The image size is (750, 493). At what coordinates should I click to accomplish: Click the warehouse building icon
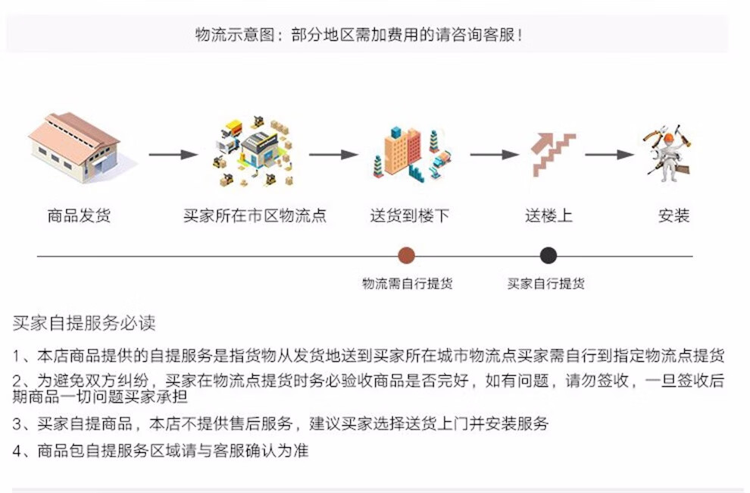coord(74,148)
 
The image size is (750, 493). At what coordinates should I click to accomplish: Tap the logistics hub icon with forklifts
coord(254,151)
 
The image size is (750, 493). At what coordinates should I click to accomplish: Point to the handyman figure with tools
coord(667,153)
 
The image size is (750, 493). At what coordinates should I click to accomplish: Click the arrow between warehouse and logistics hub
coord(173,154)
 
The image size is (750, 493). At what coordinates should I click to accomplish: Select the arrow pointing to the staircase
coord(495,154)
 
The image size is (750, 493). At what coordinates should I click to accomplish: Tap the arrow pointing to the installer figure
coord(610,154)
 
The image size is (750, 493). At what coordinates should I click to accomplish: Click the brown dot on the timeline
coord(407,256)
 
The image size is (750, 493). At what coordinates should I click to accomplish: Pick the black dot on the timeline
coord(548,256)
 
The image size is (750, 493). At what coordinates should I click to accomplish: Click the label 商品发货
coord(79,215)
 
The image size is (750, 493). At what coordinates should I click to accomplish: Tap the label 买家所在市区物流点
coord(255,215)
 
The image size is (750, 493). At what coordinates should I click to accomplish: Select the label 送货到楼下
coord(409,215)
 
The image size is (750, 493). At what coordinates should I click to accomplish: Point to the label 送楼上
coord(548,215)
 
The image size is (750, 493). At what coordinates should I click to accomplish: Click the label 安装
coord(674,215)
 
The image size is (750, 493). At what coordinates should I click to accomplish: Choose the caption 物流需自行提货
coord(407,284)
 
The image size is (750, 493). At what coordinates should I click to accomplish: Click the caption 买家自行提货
coord(545,284)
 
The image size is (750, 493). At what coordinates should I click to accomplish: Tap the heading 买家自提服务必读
coord(84,323)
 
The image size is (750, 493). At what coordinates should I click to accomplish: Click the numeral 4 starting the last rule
coord(17,451)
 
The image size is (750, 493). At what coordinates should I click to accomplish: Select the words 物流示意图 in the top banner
coord(234,34)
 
